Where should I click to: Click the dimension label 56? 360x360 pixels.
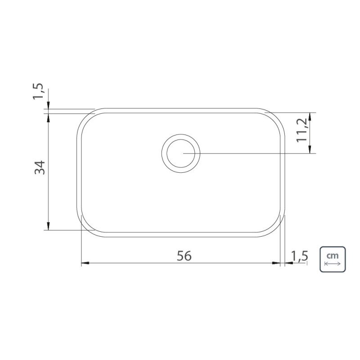click(x=184, y=256)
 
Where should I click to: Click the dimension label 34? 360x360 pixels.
click(x=40, y=167)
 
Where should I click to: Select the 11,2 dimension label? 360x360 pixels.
click(x=301, y=130)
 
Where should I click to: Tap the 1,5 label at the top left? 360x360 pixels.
click(x=38, y=91)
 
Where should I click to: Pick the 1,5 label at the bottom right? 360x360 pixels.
click(x=299, y=256)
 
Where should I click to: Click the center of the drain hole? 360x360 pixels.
click(x=181, y=153)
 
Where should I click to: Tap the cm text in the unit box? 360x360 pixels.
click(x=333, y=255)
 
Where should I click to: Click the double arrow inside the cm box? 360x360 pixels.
click(x=333, y=264)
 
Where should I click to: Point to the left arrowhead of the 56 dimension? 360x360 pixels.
click(x=85, y=263)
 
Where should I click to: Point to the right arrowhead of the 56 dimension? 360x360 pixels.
click(x=276, y=263)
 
